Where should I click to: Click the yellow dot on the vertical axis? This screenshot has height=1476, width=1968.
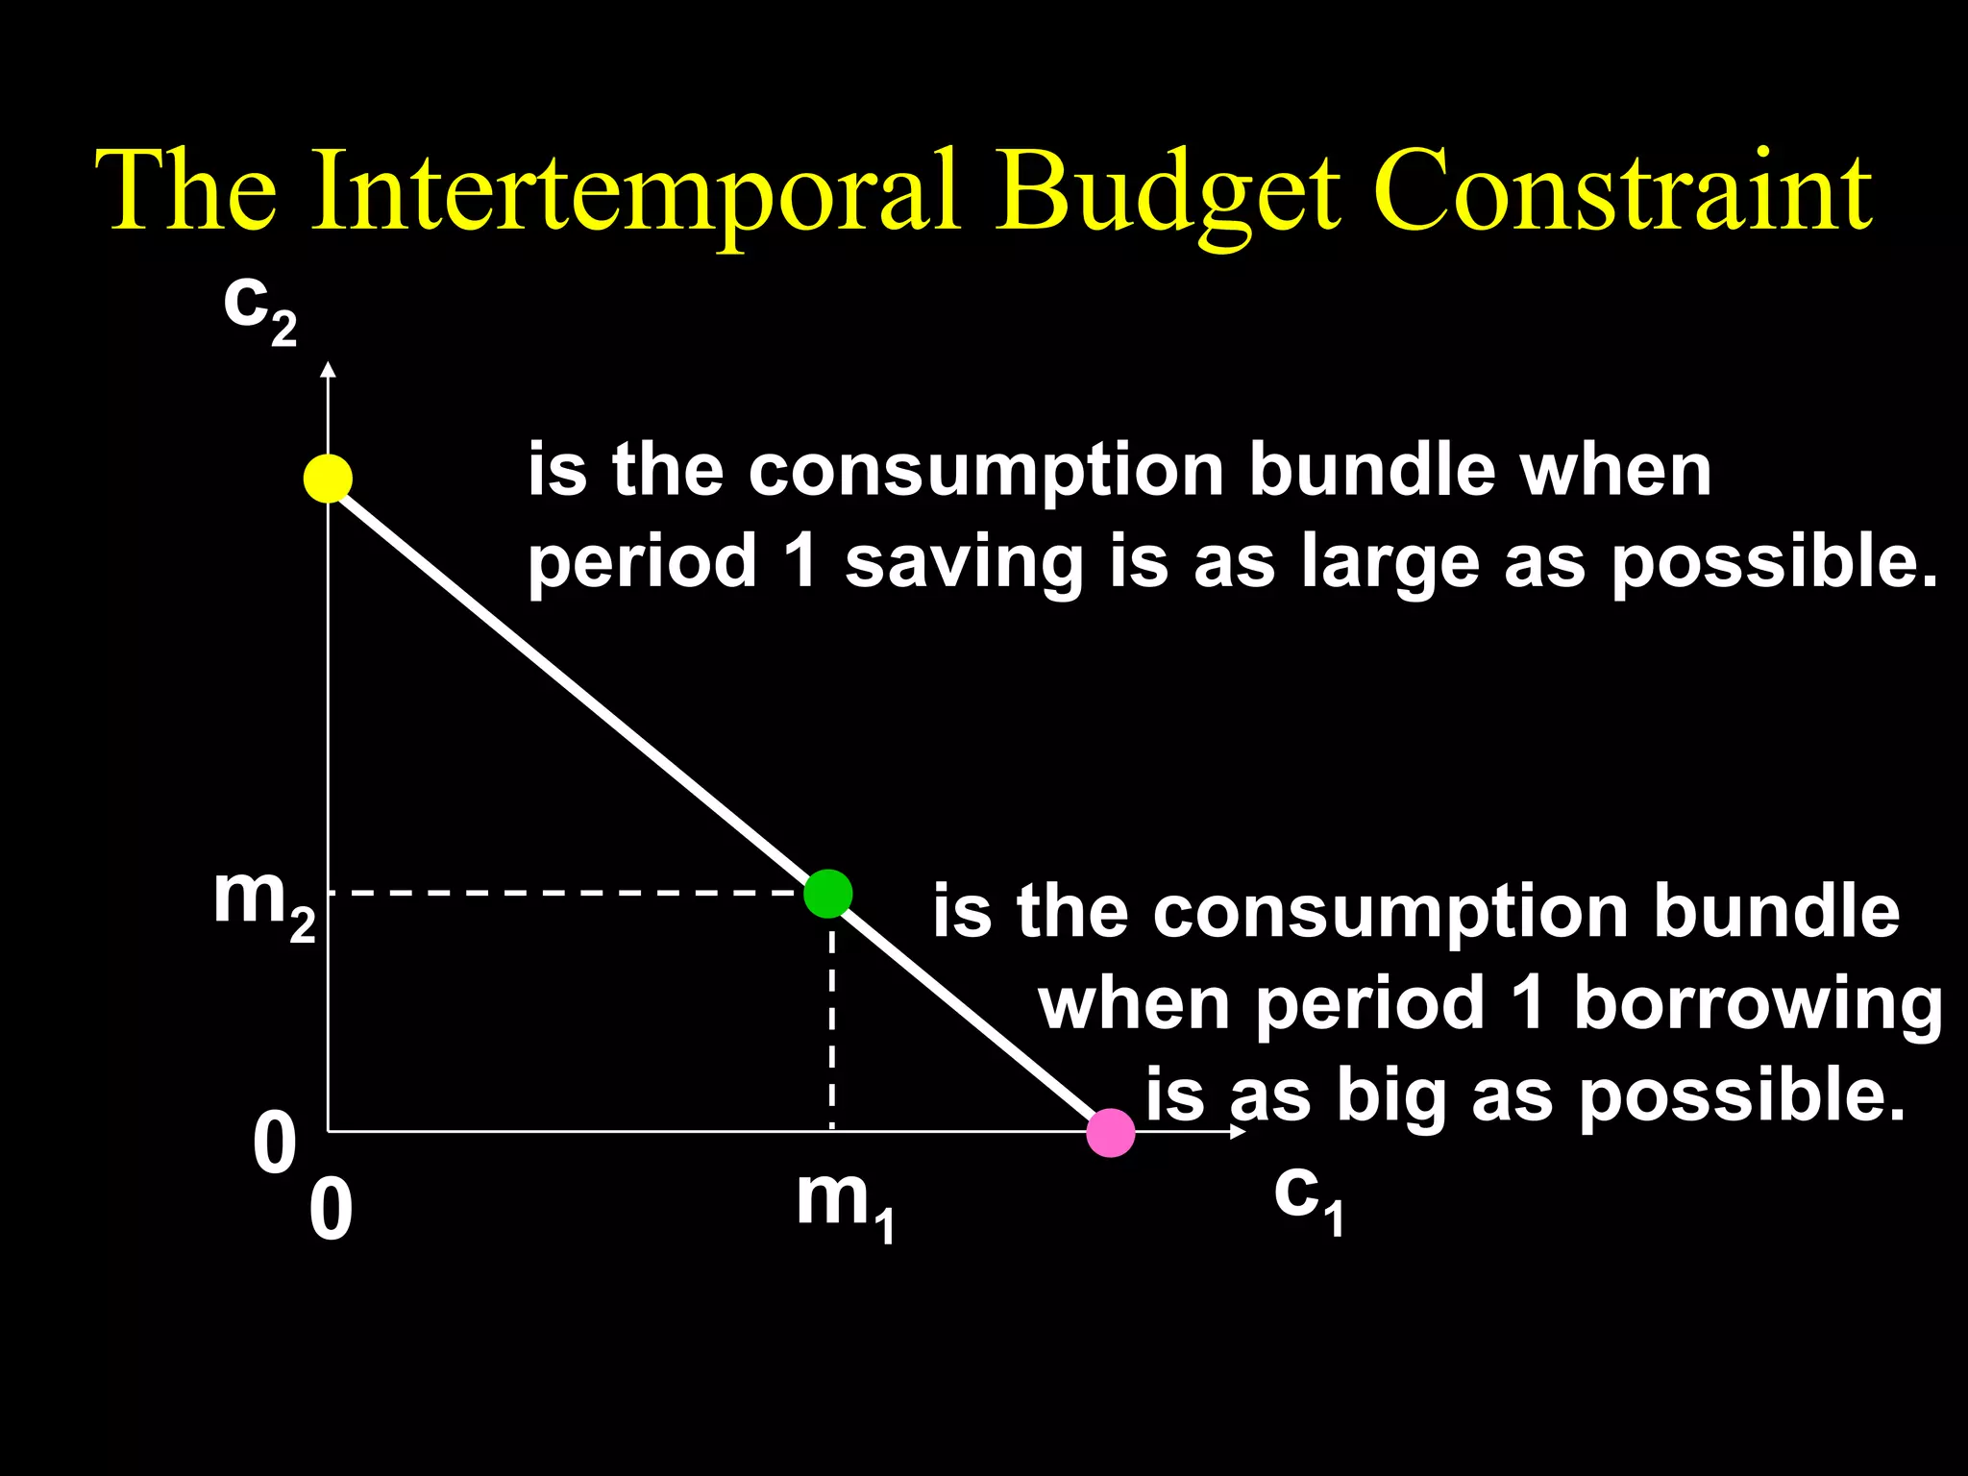click(328, 478)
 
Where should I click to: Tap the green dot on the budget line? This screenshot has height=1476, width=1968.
click(827, 894)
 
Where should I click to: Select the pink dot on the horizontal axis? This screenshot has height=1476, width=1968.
click(1111, 1133)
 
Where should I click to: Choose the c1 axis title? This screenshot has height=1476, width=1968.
click(1309, 1198)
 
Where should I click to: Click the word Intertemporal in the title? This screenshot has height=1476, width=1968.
click(635, 192)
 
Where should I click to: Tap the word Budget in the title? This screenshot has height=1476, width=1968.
click(1167, 192)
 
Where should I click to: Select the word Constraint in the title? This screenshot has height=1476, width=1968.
click(1623, 192)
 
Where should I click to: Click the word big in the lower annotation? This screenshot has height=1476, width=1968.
click(1390, 1096)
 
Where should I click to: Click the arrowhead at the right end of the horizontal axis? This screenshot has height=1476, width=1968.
click(1239, 1132)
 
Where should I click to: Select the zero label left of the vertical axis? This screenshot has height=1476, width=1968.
click(275, 1145)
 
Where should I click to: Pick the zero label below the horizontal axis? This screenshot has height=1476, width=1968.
click(331, 1212)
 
